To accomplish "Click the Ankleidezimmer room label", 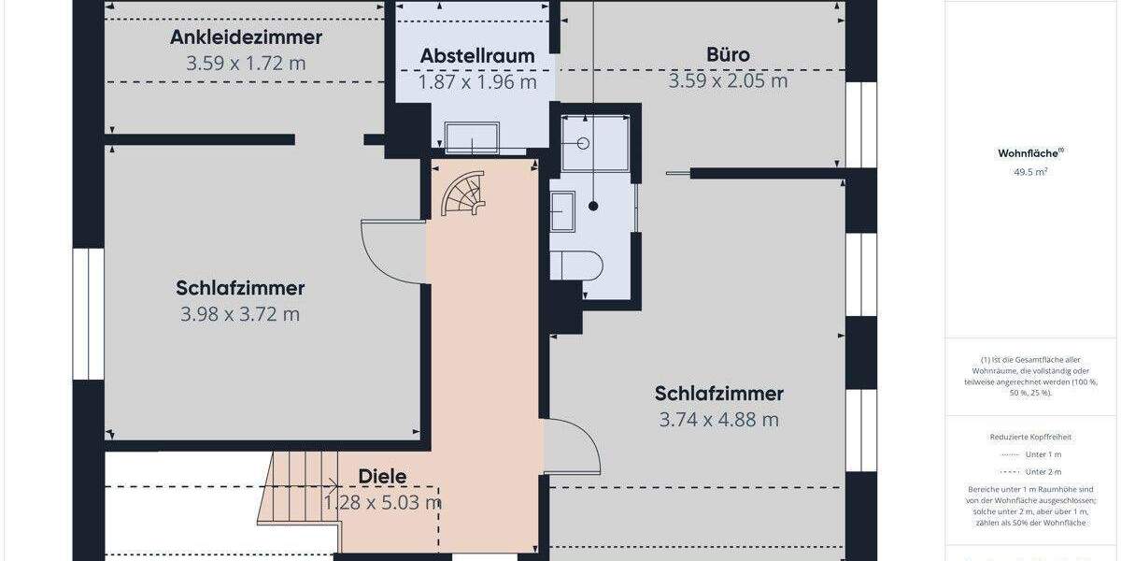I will (x=246, y=37).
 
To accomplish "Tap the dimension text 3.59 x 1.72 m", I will (x=246, y=64).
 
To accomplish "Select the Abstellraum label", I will (x=477, y=56).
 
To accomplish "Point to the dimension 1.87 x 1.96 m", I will (x=477, y=81).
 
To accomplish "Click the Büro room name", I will (x=728, y=55).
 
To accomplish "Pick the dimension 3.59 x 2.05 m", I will (x=728, y=81).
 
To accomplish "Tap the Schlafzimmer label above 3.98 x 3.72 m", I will (x=240, y=288).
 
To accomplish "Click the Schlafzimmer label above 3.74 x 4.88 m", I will (x=719, y=394).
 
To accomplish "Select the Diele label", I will (x=383, y=477).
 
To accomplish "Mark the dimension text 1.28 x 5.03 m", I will (x=383, y=503).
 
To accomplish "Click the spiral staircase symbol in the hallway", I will (x=464, y=194).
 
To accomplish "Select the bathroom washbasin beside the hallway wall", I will (x=563, y=209).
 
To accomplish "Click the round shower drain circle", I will (x=583, y=143).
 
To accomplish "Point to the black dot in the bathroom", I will (x=593, y=204).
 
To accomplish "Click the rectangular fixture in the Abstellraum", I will (x=472, y=137).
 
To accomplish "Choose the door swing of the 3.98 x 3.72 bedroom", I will (x=392, y=251).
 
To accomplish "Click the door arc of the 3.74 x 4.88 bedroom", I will (x=572, y=446).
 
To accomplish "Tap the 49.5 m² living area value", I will (x=1031, y=172).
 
